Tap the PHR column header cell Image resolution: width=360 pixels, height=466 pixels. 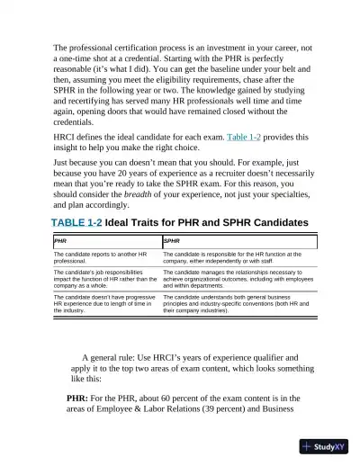(x=106, y=242)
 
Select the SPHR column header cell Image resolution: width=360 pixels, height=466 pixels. (x=238, y=242)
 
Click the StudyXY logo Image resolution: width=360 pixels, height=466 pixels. (x=326, y=446)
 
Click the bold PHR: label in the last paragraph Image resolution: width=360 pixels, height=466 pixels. (x=84, y=397)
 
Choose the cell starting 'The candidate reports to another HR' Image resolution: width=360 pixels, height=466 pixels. (x=106, y=257)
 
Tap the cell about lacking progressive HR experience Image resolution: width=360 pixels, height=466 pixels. (x=106, y=301)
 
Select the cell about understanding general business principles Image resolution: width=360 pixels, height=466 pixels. (x=238, y=301)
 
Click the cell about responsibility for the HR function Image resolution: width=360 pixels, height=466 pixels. (x=238, y=257)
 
